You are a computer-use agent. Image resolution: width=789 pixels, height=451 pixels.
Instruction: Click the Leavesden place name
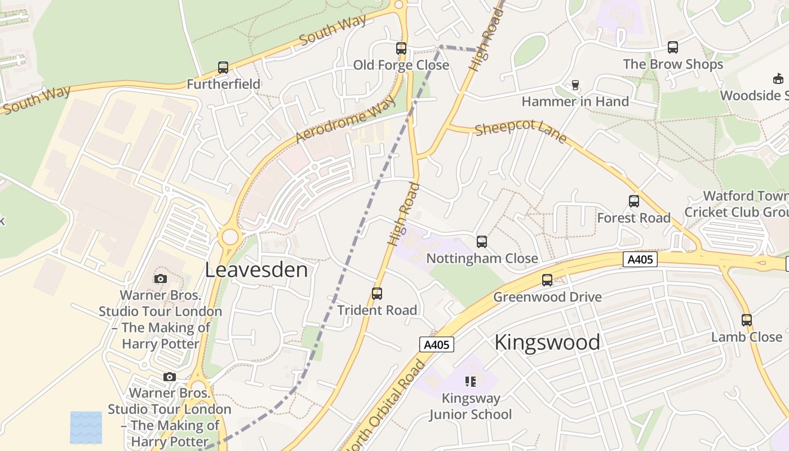(256, 269)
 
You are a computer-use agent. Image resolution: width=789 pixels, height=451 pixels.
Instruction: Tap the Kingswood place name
(547, 342)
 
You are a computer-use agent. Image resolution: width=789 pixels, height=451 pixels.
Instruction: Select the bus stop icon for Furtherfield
(223, 68)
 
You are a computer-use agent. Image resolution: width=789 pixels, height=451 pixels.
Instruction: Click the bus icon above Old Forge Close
(401, 48)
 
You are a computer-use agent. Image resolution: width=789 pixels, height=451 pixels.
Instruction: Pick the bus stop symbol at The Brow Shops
(672, 47)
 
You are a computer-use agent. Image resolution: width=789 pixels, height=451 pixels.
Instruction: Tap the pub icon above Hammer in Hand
(575, 85)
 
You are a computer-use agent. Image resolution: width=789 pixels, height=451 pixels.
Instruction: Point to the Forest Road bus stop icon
(634, 201)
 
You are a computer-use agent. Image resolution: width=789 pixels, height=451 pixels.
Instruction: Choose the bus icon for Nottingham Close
(482, 242)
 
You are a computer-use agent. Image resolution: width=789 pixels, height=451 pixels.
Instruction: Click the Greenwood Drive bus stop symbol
(547, 280)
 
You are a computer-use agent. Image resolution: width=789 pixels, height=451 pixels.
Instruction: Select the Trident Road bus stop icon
(377, 294)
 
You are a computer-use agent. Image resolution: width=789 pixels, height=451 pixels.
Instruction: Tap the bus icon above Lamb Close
(747, 320)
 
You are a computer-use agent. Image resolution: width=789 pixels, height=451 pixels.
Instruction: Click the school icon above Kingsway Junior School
(471, 382)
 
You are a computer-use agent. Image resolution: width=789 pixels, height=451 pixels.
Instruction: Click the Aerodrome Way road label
(345, 119)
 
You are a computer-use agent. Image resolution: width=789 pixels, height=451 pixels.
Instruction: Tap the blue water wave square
(86, 427)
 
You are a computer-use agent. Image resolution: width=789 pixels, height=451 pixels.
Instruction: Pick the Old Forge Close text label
(401, 65)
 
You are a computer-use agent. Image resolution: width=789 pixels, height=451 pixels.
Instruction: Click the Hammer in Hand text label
(575, 101)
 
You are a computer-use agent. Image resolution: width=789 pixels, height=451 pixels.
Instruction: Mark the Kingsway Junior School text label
(471, 406)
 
